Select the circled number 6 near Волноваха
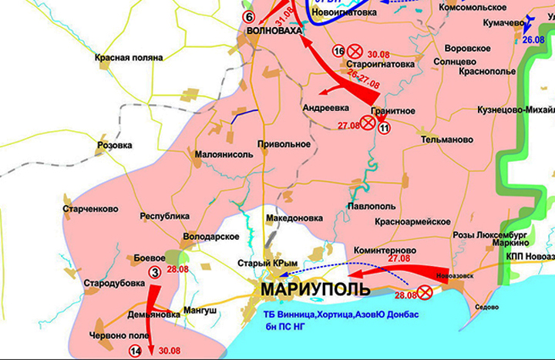pyautogui.click(x=248, y=16)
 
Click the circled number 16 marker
pyautogui.click(x=338, y=51)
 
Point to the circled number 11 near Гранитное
pyautogui.click(x=385, y=128)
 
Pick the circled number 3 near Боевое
pyautogui.click(x=155, y=271)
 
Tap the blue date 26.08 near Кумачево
pyautogui.click(x=533, y=39)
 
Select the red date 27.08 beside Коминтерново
pyautogui.click(x=399, y=258)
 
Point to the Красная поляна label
pyautogui.click(x=129, y=58)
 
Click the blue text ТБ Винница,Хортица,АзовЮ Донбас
pyautogui.click(x=342, y=317)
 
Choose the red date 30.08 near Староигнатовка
pyautogui.click(x=379, y=53)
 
